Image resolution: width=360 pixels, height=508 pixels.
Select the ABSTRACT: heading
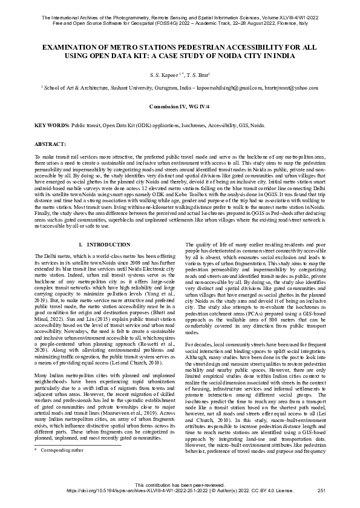click(50, 145)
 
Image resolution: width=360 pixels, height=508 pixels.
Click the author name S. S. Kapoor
click(163, 75)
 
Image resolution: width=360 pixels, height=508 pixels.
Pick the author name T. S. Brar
click(198, 75)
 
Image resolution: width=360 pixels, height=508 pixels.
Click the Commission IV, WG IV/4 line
click(180, 106)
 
